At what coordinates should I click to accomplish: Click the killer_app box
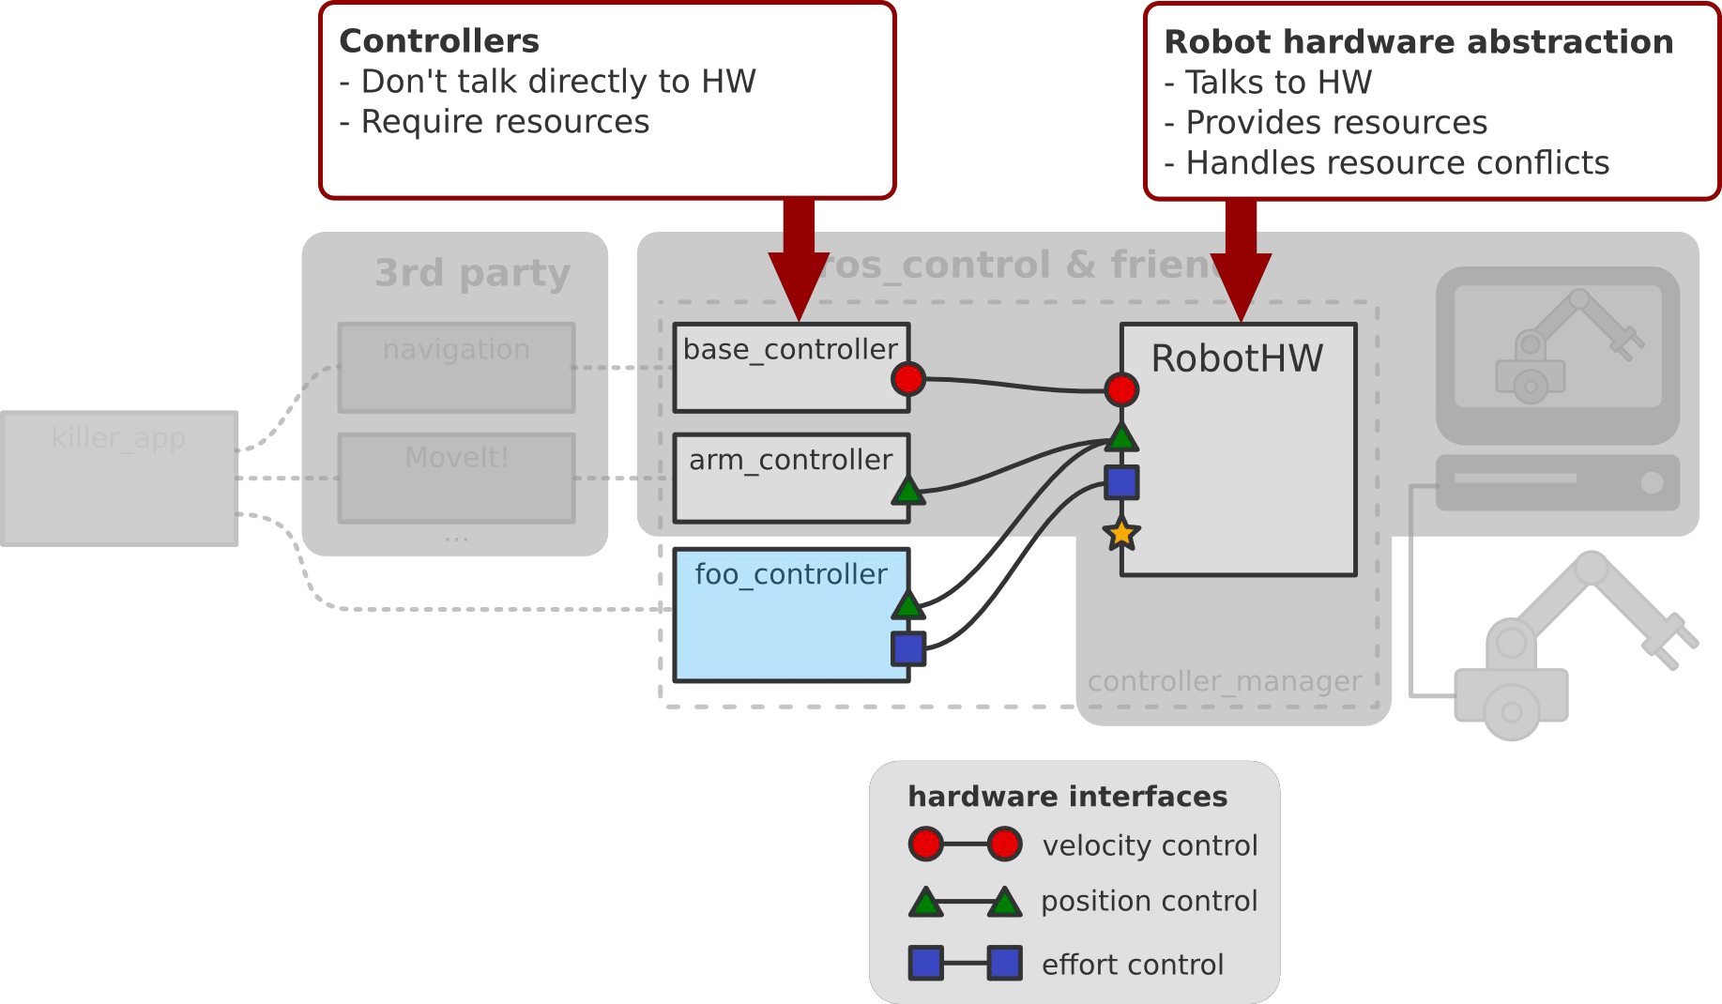tap(119, 479)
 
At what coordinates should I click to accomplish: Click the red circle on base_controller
tap(907, 379)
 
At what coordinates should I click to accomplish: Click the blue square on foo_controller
tap(907, 648)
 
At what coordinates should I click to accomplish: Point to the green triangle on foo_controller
tap(907, 605)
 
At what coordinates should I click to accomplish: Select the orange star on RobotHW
tap(1121, 534)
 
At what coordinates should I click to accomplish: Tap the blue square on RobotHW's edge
tap(1122, 482)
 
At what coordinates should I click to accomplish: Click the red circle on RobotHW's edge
tap(1121, 389)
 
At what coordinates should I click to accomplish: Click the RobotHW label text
tap(1237, 358)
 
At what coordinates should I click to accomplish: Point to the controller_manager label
tap(1225, 681)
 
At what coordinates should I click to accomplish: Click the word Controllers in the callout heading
tap(438, 41)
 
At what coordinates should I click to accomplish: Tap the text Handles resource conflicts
tap(1396, 163)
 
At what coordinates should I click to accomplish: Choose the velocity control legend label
tap(1150, 845)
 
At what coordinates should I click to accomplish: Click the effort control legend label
tap(1132, 965)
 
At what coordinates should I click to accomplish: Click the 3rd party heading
tap(472, 273)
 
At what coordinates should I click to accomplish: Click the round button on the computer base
tap(1652, 482)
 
